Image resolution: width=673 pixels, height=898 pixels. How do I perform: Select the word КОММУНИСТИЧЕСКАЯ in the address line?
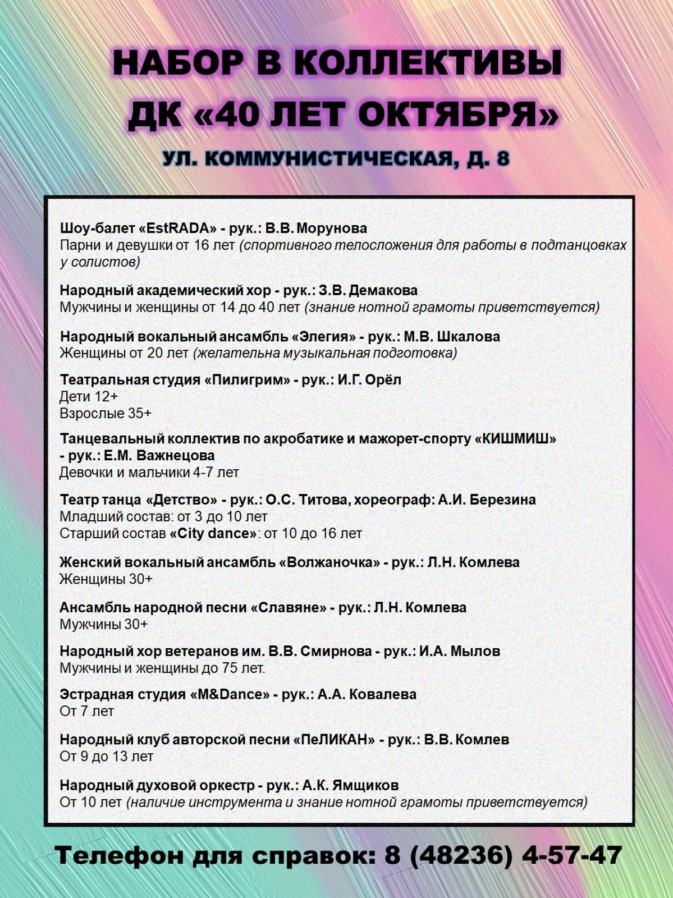[328, 159]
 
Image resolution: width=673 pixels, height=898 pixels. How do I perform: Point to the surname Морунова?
[332, 228]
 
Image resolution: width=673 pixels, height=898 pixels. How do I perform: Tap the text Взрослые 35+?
[106, 414]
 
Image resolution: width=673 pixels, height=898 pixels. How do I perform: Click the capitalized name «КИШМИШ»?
[515, 439]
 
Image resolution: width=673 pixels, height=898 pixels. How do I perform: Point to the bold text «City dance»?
[213, 533]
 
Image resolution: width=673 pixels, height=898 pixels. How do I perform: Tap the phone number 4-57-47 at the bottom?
[572, 856]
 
